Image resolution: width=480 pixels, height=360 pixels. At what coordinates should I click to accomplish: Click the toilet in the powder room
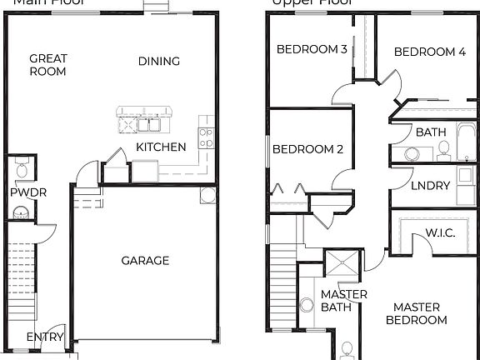click(22, 170)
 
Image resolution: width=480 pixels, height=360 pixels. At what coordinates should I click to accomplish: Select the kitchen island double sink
click(150, 125)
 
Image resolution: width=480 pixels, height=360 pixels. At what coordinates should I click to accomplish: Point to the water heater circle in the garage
click(207, 196)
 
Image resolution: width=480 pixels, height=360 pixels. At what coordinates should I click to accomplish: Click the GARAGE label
click(145, 261)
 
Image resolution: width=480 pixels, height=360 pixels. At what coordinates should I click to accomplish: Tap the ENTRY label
click(44, 337)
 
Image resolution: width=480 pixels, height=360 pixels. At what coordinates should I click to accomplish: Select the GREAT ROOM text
click(47, 65)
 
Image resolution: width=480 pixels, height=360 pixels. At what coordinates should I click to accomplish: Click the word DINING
click(158, 61)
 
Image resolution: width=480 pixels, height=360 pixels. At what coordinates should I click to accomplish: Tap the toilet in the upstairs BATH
click(443, 150)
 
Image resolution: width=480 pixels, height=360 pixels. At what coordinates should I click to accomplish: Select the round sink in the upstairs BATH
click(410, 153)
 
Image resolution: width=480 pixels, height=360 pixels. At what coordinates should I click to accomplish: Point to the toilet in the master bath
click(347, 349)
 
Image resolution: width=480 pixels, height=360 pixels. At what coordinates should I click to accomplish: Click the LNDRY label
click(430, 186)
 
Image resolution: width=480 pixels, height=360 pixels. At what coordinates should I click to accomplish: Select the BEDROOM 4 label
click(430, 52)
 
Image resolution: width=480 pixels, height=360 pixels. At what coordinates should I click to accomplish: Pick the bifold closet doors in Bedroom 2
click(288, 188)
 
